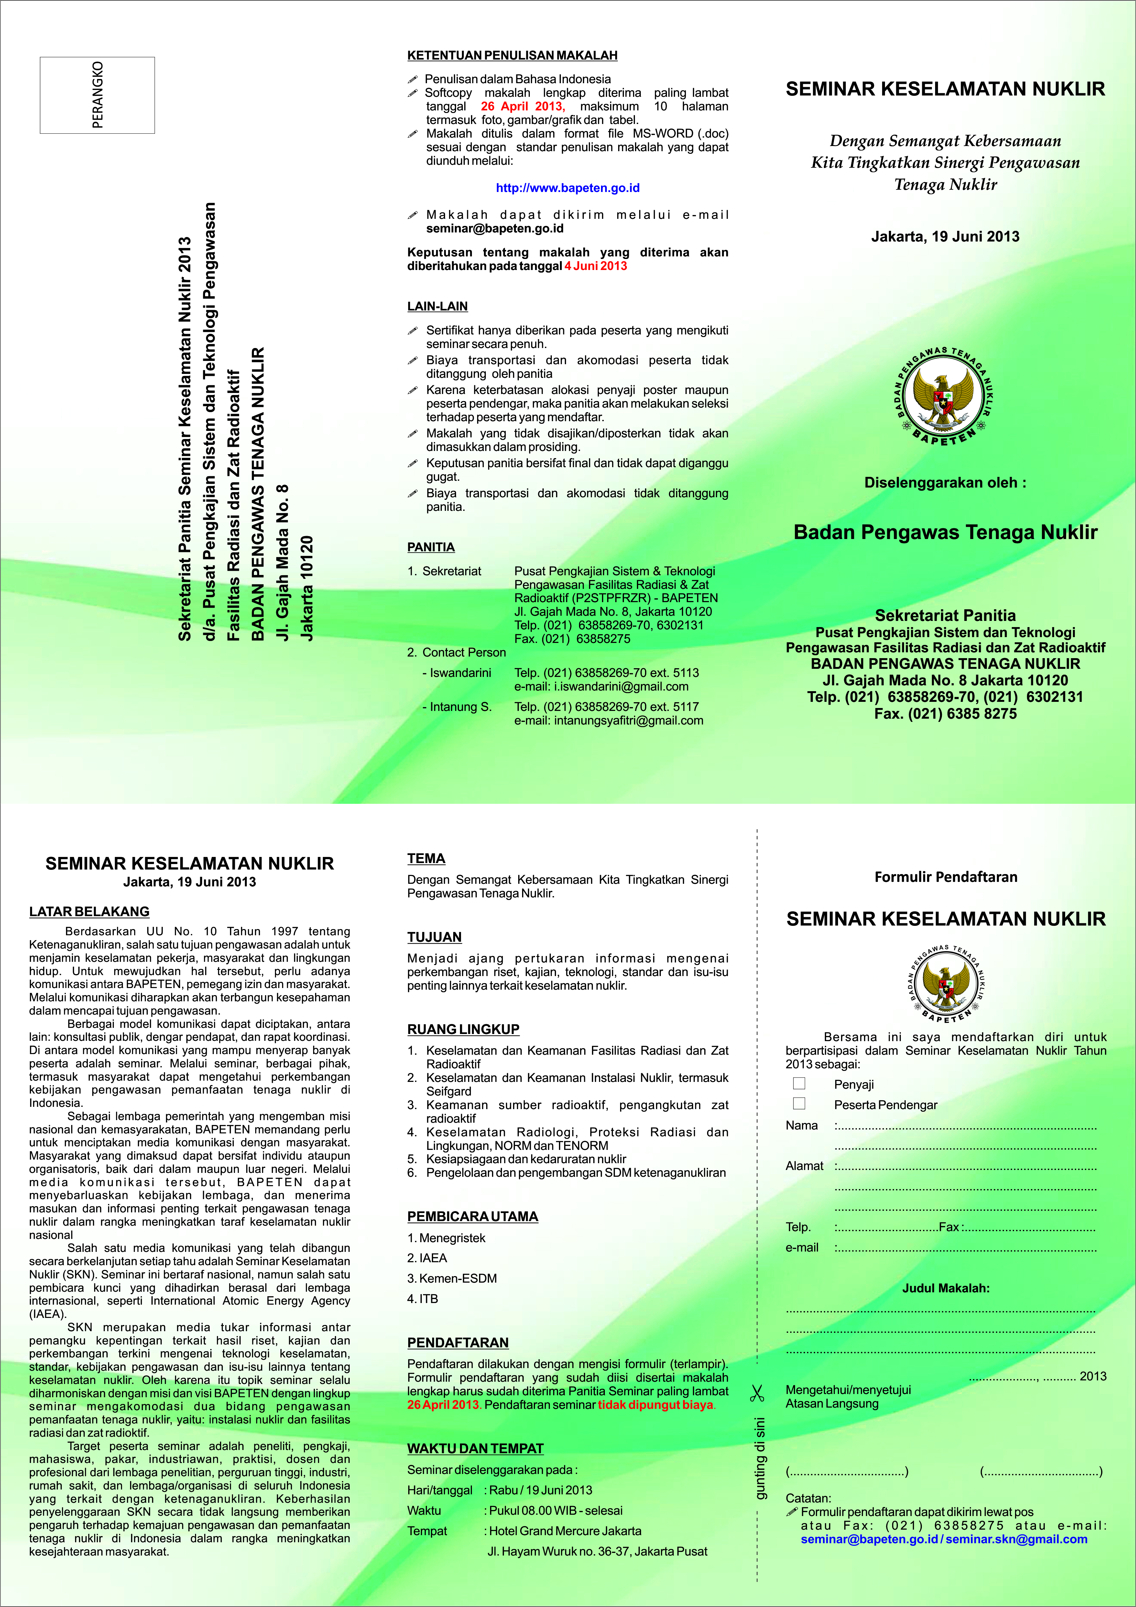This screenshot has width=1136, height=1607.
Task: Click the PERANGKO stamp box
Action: (97, 95)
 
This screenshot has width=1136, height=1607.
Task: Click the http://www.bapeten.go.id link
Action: (567, 187)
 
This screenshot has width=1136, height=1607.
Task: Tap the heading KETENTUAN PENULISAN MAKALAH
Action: (512, 55)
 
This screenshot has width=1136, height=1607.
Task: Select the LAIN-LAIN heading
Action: (437, 306)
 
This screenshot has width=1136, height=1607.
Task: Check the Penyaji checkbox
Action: (799, 1084)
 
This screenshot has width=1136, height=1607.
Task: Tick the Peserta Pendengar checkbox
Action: (799, 1104)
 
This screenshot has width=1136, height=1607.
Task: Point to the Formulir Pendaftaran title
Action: (946, 877)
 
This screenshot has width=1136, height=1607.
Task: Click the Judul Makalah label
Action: (946, 1288)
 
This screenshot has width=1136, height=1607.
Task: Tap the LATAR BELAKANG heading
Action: (90, 911)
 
